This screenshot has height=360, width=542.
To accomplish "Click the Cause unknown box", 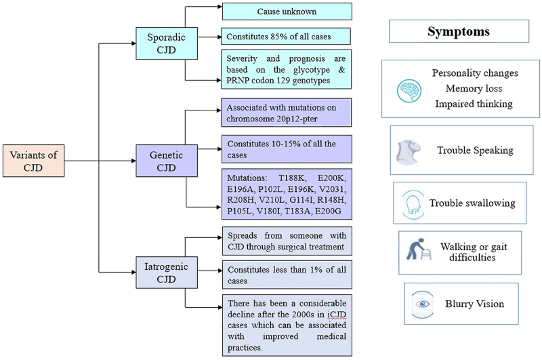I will click(287, 12).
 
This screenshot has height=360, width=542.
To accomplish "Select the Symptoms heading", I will click(459, 31).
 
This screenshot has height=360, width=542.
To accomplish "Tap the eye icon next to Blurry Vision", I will click(423, 304).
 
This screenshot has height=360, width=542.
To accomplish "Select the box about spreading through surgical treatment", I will click(287, 241).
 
